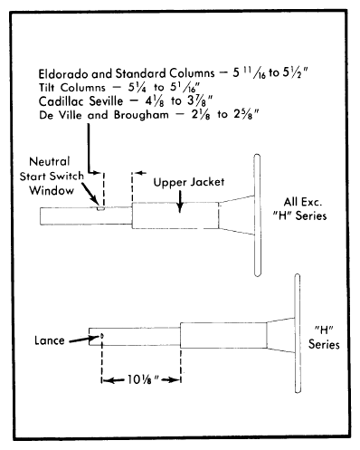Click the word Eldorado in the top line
(x=63, y=73)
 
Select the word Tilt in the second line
(x=46, y=88)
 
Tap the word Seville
(x=106, y=101)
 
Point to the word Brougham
(x=141, y=115)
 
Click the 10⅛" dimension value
(x=143, y=379)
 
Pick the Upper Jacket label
(x=189, y=182)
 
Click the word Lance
(x=50, y=340)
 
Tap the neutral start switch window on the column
(x=100, y=208)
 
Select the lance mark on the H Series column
(x=102, y=335)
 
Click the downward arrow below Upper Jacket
(x=180, y=201)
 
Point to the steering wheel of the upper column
(x=257, y=215)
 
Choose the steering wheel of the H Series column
(x=298, y=333)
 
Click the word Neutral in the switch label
(x=50, y=161)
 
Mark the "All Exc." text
(x=302, y=202)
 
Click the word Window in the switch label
(x=52, y=190)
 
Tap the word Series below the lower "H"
(x=324, y=344)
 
